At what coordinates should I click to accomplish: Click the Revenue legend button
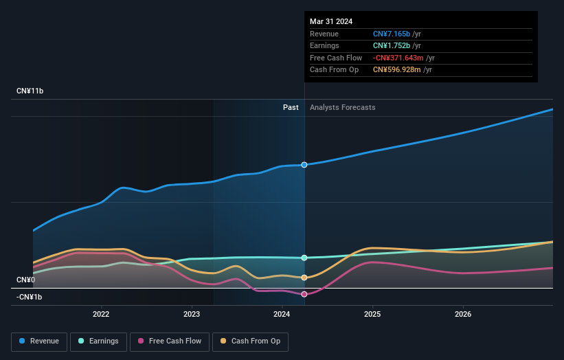[40, 341]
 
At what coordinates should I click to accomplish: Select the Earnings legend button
[98, 341]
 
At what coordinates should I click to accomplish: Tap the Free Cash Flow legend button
[170, 341]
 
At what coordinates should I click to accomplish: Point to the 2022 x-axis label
[101, 315]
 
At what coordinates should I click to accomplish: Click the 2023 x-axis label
[192, 315]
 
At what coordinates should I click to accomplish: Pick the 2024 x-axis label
[282, 315]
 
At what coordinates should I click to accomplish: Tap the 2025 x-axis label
[373, 315]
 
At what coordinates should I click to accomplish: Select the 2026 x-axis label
[463, 315]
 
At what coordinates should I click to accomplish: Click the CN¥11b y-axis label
[30, 91]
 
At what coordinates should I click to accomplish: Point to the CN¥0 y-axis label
[26, 280]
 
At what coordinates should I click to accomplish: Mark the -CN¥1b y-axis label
[30, 297]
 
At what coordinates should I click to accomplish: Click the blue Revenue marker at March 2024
[304, 165]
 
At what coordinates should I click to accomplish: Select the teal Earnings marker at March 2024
[304, 258]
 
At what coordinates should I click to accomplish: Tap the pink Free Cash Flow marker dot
[304, 294]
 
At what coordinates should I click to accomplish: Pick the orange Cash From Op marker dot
[304, 278]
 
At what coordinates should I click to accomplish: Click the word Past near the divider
[291, 107]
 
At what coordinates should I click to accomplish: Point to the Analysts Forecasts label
[343, 107]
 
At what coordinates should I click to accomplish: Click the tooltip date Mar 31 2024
[331, 21]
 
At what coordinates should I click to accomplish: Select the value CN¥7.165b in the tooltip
[391, 34]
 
